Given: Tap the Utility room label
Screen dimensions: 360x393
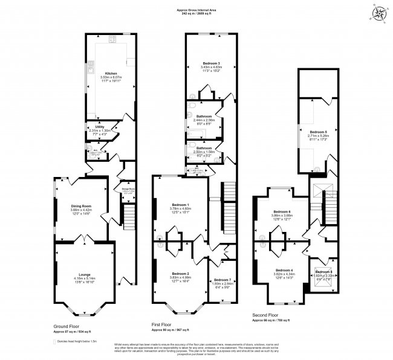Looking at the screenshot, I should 96,127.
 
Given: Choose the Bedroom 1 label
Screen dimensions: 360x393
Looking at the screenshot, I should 180,205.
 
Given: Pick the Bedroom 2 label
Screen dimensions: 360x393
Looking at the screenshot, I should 180,274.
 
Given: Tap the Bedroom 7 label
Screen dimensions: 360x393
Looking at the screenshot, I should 222,280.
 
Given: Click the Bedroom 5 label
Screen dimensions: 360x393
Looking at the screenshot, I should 318,132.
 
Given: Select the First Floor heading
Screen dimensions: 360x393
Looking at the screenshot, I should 164,326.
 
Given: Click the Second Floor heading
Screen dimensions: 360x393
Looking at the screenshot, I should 266,315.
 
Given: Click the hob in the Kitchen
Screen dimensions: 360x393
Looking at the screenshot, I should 112,40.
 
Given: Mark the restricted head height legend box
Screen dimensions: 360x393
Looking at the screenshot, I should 51,341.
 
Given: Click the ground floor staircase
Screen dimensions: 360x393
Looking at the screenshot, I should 128,216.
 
